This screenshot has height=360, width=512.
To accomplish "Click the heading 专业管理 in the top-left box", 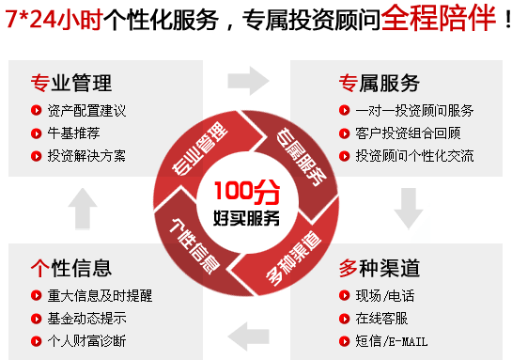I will point(70,83).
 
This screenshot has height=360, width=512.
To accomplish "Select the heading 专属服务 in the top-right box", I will point(380,83).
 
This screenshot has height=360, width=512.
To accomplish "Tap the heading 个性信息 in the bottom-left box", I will point(70,268).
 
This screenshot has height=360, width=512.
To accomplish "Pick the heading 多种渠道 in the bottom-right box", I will point(380,268).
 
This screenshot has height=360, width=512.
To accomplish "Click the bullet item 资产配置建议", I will point(86,110).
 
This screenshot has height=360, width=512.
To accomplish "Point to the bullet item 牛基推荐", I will point(73,133).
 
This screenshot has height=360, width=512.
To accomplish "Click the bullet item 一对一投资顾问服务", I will point(414,110).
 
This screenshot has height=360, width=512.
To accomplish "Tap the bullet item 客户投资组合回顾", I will point(409,133).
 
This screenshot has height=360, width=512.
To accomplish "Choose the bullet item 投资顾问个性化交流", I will point(414,155).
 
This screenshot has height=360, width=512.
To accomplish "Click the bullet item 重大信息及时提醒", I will point(100,295).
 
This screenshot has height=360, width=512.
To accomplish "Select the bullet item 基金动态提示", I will point(86,318).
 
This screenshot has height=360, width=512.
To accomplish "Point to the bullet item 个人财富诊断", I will point(86,340).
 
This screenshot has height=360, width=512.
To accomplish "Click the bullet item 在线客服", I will point(381,318).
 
